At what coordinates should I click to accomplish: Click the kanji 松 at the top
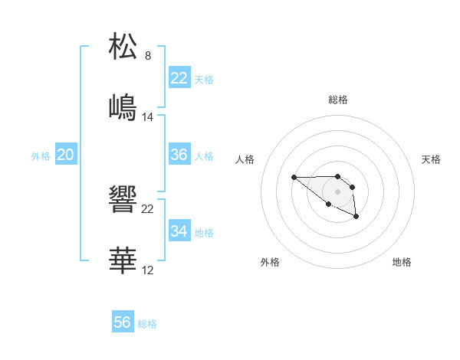tap(123, 47)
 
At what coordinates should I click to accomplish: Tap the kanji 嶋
tap(123, 107)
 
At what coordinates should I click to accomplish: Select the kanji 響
tap(123, 200)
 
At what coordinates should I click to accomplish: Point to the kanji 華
tap(123, 260)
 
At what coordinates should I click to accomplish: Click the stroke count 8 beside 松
tap(148, 56)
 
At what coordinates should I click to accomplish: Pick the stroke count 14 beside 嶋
tap(148, 117)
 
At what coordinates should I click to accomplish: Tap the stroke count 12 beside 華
tap(148, 270)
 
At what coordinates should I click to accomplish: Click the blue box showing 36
tap(179, 155)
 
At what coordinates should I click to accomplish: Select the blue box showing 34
tap(179, 231)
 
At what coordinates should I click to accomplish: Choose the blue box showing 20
tap(65, 155)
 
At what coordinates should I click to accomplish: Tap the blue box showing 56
tap(123, 322)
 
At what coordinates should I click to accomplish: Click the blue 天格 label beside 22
tap(204, 80)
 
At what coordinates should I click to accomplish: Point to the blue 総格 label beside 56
tap(147, 324)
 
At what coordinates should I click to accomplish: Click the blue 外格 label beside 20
tap(41, 156)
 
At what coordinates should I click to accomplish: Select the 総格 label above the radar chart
tap(338, 100)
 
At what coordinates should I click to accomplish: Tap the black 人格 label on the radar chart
tap(245, 159)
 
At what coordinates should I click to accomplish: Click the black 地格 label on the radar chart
tap(402, 262)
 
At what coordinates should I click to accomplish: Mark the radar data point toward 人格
tap(294, 178)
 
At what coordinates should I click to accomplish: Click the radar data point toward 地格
tap(356, 218)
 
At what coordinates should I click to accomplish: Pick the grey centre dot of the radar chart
tap(337, 191)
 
